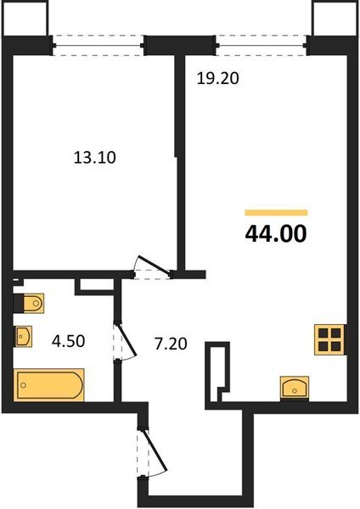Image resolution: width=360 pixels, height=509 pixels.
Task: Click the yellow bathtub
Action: coord(49,386)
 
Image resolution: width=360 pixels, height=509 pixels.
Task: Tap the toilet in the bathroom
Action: coord(30,303)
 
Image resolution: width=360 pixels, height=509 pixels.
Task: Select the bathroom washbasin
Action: coord(25,338)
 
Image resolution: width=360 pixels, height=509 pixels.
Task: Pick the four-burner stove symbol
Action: coord(329,339)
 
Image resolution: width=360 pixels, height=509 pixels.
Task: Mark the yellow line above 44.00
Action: coord(276,211)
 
